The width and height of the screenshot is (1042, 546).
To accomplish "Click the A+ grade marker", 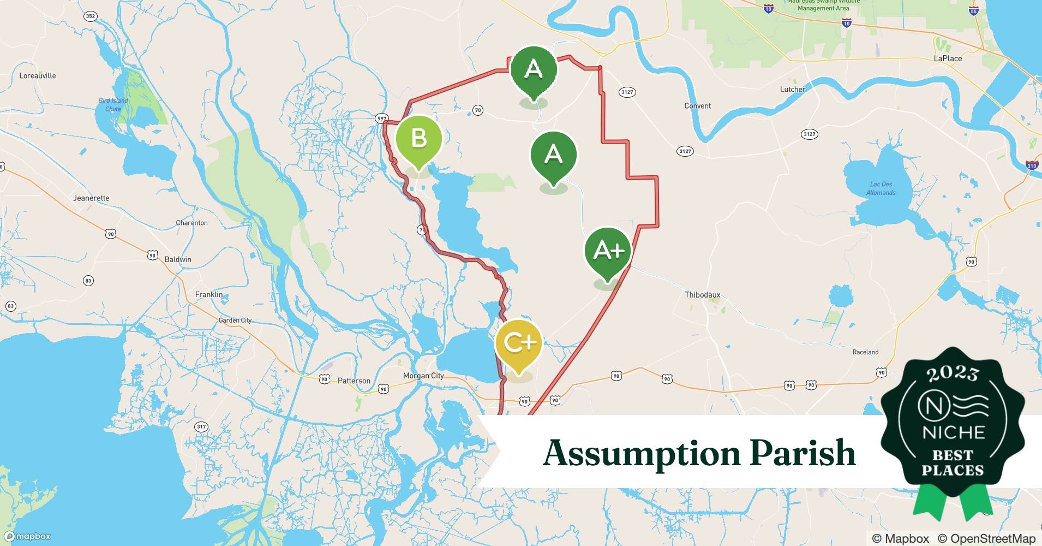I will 608,251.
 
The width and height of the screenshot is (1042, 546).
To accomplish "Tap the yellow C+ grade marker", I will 519,343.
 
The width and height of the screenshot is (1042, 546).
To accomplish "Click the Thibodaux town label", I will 702,295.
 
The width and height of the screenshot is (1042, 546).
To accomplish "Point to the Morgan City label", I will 423,376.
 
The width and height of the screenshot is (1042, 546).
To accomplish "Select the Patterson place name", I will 354,381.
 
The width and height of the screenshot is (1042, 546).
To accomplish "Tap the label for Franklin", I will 209,295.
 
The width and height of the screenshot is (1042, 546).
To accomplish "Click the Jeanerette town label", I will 91,198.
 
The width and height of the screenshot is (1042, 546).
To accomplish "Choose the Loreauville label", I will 38,76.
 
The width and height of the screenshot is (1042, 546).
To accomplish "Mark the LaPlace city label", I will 948,58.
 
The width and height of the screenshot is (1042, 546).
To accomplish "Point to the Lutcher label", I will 792,90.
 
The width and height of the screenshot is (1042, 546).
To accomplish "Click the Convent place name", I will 697,106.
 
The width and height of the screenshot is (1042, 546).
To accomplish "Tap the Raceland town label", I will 865,352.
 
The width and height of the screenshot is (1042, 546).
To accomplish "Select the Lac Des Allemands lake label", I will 881,188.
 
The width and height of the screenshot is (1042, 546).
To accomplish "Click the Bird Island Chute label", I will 113,105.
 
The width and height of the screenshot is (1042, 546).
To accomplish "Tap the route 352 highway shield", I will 91,16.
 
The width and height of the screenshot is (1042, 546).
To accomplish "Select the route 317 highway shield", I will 201,427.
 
